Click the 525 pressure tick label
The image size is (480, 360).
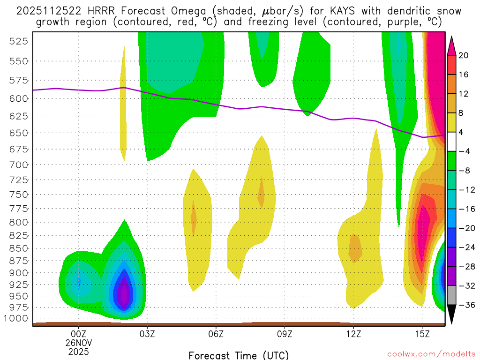click(x=19, y=41)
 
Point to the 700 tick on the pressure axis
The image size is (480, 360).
click(x=19, y=165)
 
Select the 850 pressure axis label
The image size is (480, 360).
click(x=19, y=248)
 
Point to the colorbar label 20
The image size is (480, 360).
click(x=464, y=55)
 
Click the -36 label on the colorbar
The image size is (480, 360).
click(x=465, y=305)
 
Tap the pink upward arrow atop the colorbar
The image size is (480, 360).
click(x=452, y=45)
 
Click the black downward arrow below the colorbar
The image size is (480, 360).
click(x=452, y=315)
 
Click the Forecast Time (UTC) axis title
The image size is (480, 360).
click(x=239, y=355)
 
